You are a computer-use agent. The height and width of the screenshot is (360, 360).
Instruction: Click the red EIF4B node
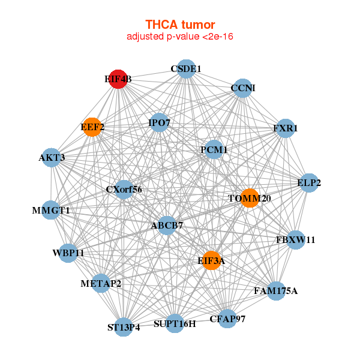[x=118, y=79]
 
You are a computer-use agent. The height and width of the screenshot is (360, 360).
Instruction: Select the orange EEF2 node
[x=92, y=127]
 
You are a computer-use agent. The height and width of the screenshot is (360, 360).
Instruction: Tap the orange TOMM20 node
[x=249, y=198]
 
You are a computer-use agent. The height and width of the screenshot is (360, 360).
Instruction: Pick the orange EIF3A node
[x=211, y=260]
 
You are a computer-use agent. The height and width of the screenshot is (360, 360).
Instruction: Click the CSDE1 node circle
[x=186, y=69]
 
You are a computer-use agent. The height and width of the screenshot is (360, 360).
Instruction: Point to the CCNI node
[x=242, y=88]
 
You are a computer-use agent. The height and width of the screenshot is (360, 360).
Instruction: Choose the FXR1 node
[x=286, y=128]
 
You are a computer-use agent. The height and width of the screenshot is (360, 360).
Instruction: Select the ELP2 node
[x=309, y=183]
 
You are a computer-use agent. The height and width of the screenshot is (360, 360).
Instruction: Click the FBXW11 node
[x=295, y=240]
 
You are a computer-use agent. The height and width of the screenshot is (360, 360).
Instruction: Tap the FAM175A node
[x=275, y=291]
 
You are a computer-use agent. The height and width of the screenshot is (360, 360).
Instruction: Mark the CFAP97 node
[x=227, y=319]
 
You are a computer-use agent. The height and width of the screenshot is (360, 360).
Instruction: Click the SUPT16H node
[x=175, y=324]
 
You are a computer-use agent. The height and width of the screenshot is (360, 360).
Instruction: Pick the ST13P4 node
[x=124, y=327]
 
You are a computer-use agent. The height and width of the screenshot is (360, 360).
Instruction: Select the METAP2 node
[x=101, y=283]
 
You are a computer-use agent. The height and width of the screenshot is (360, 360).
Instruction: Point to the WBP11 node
[x=68, y=253]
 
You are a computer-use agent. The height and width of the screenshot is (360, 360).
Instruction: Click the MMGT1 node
[x=51, y=211]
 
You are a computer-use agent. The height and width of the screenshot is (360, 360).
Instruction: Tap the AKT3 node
[x=52, y=158]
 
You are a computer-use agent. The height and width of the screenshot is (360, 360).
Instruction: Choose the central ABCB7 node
[x=167, y=226]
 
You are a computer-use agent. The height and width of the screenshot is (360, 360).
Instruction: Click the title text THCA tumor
[x=180, y=25]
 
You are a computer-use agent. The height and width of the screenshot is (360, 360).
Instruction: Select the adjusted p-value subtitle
[x=180, y=37]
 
